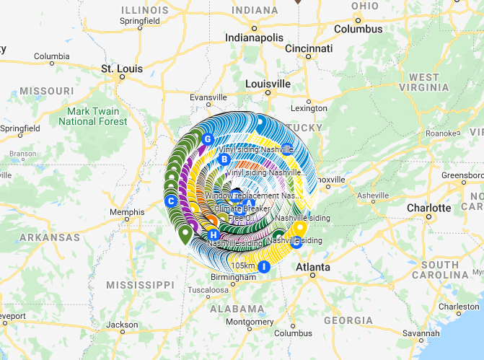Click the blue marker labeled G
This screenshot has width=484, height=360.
[207, 139]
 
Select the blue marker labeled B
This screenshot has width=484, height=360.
[224, 159]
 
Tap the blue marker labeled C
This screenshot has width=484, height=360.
[171, 201]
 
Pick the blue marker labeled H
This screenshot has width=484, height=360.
[213, 235]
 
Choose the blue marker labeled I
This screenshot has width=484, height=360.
[264, 267]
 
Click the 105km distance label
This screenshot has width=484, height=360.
[243, 265]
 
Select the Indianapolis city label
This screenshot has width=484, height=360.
[254, 37]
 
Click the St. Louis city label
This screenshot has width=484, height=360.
[118, 69]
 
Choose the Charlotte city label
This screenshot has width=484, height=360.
[428, 208]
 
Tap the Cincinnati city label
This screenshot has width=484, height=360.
[309, 48]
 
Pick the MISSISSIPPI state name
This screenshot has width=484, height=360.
[141, 285]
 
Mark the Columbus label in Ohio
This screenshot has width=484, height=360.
[358, 29]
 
